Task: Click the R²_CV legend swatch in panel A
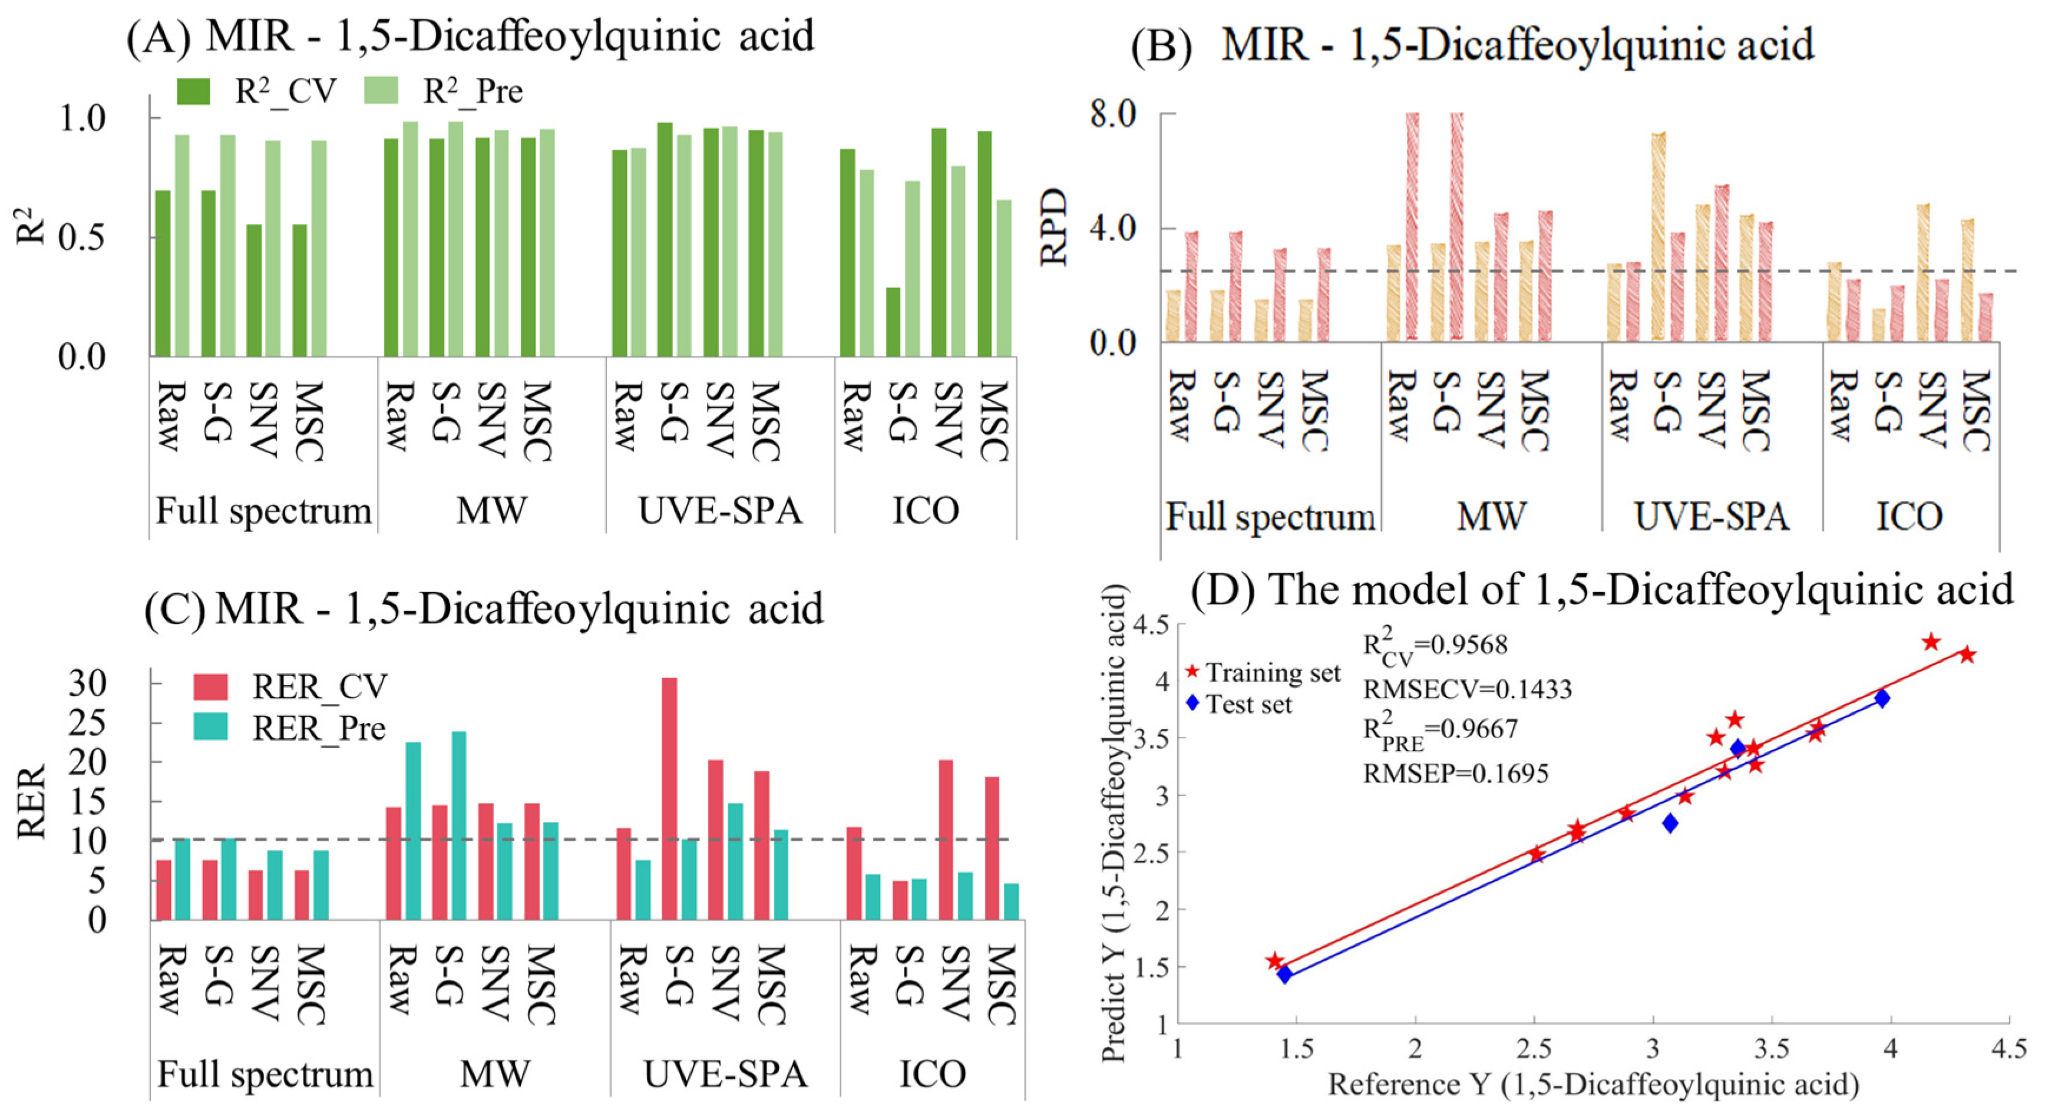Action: click(x=192, y=91)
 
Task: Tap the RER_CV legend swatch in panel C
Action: click(x=210, y=686)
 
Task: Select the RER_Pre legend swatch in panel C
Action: click(x=210, y=727)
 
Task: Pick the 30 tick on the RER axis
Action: click(x=87, y=683)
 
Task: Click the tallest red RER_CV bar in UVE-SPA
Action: click(x=670, y=798)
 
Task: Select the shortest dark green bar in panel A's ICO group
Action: click(x=893, y=322)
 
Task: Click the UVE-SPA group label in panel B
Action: click(x=1712, y=517)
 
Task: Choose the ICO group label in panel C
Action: click(x=932, y=1074)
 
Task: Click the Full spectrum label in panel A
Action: click(x=263, y=510)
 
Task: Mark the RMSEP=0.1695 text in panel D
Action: click(x=1455, y=773)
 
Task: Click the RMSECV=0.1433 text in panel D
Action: click(x=1467, y=689)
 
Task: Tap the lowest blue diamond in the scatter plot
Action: click(x=1284, y=974)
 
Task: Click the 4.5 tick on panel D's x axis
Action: click(x=2008, y=1049)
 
